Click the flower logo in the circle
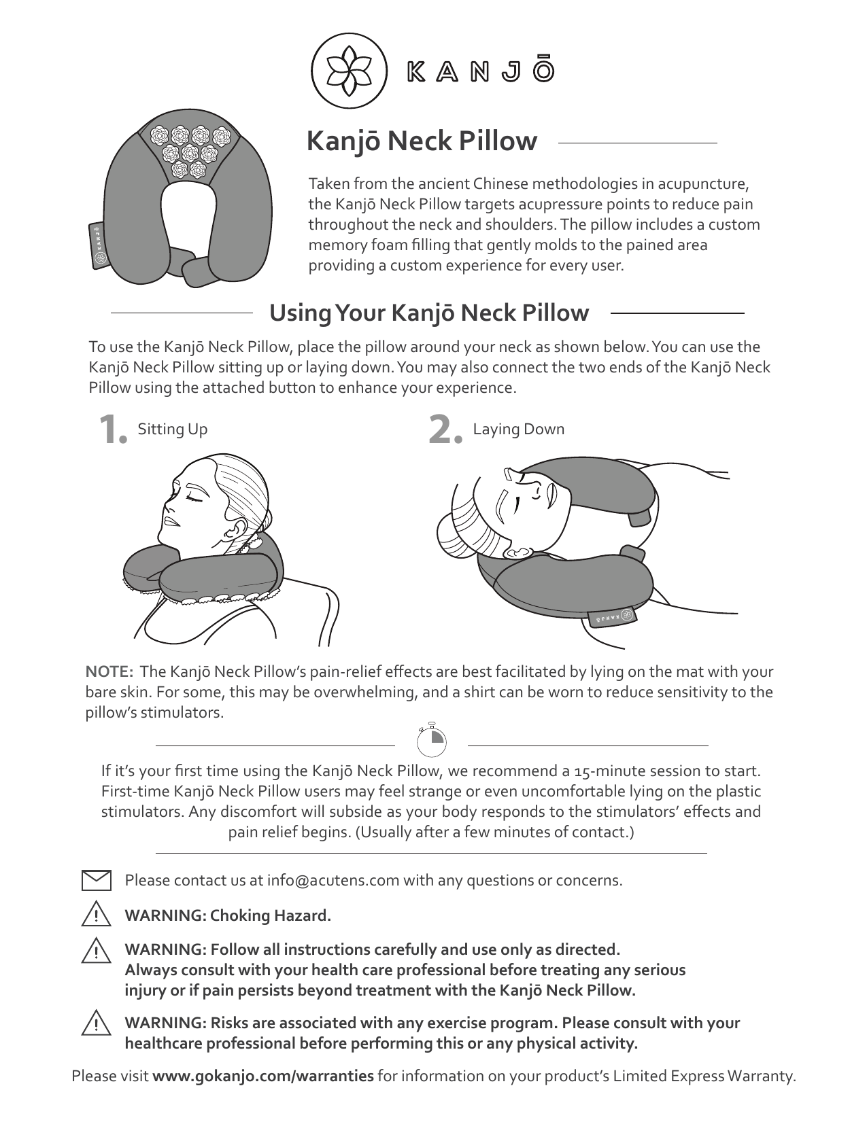point(349,70)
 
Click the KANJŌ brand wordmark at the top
point(480,71)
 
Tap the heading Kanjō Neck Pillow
point(422,141)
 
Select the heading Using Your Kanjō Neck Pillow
point(429,313)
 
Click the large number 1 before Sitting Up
point(111,430)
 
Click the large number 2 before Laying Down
point(445,431)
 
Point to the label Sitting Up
point(172,429)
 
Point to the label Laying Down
point(518,429)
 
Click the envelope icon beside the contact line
point(97,880)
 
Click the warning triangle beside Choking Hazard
point(97,915)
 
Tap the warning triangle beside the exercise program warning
point(97,1023)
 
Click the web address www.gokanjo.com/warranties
point(262,1076)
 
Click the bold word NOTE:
point(109,672)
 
